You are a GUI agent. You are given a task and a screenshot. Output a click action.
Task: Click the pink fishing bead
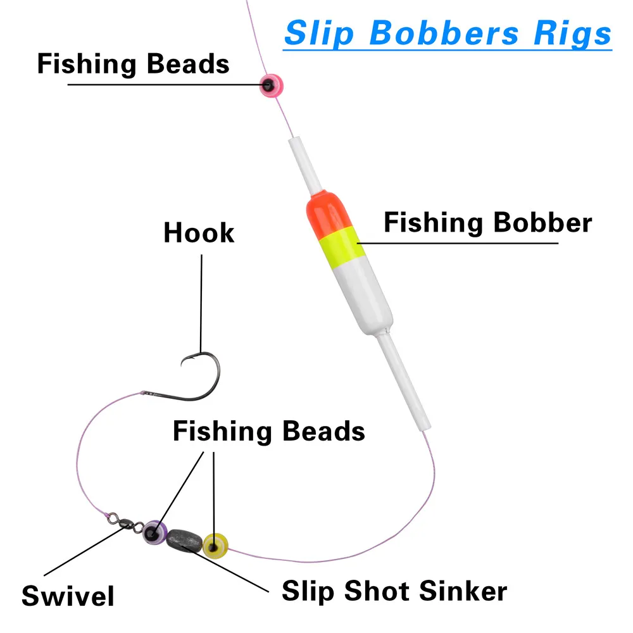271,85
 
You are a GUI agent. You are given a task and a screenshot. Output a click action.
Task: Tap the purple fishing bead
154,532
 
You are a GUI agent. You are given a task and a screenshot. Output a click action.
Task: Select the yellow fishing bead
215,543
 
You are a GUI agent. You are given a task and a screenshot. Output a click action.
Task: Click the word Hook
199,233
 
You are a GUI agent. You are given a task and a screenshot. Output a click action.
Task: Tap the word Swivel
68,596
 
